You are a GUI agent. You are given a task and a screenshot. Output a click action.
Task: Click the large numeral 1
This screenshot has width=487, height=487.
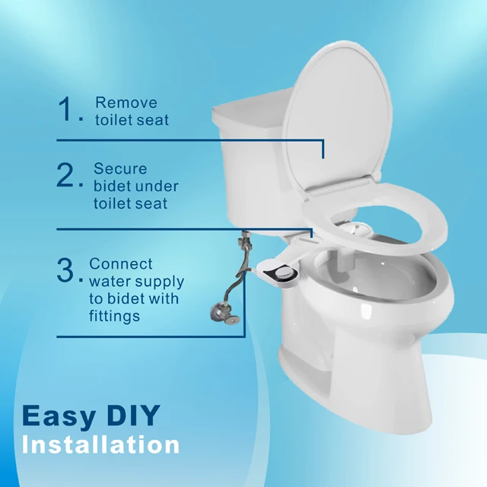click(66, 111)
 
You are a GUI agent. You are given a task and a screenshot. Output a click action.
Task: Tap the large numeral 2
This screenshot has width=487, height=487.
click(66, 177)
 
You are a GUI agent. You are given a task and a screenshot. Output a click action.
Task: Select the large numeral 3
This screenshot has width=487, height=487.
click(66, 272)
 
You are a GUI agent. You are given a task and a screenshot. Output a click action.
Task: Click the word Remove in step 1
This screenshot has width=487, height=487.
click(126, 103)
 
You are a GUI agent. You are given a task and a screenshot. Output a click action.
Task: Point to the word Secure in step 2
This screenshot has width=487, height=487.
click(120, 169)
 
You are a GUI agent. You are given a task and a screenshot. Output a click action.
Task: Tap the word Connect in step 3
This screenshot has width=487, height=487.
click(121, 264)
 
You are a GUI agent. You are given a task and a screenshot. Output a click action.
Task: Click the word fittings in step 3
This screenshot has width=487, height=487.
click(115, 316)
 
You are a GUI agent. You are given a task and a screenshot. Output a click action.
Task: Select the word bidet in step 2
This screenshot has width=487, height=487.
click(113, 186)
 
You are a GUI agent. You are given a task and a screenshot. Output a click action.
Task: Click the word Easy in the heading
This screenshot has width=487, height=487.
click(59, 416)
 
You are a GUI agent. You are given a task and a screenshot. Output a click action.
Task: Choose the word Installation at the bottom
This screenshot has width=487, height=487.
click(100, 444)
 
